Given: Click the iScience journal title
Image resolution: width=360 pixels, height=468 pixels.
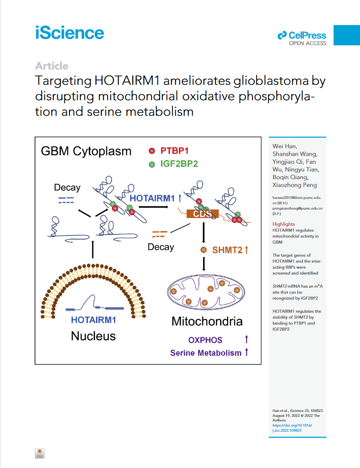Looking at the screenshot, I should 69,33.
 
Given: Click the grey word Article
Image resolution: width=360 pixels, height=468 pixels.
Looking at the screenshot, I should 52,66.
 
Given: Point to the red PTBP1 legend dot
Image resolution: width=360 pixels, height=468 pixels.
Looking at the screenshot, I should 152,151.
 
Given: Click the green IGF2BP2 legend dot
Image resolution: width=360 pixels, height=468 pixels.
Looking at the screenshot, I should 152,164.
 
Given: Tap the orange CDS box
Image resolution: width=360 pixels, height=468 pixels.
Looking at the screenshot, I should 202,214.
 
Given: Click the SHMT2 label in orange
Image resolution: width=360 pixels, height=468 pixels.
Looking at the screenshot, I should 227,250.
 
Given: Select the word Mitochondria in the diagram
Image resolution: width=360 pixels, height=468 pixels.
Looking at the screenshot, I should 207,321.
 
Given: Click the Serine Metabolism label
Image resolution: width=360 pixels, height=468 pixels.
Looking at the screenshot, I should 206,353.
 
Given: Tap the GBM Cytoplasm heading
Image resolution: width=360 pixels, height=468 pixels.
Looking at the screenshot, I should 86,151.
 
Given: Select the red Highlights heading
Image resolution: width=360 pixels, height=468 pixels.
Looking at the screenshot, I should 284,224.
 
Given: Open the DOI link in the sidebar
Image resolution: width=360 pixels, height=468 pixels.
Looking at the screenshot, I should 292,428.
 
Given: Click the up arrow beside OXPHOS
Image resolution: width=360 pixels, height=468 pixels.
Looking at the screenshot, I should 247,339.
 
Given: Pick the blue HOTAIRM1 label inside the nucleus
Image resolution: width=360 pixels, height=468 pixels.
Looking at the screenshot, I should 93,320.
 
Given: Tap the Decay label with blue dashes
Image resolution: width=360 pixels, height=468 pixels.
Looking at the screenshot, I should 67,187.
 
